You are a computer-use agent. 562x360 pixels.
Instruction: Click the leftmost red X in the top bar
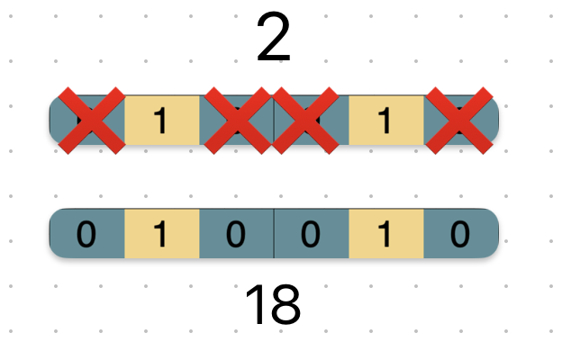(x=91, y=120)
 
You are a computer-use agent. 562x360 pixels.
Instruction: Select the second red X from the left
(x=237, y=120)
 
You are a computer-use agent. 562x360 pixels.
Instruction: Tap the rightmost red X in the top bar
(x=458, y=120)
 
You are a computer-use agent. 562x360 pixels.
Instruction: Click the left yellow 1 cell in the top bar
(x=161, y=120)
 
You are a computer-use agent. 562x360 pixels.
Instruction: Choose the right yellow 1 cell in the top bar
(x=385, y=120)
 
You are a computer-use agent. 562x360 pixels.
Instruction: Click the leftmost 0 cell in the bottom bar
(x=86, y=234)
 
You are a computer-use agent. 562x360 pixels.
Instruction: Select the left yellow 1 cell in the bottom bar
(x=161, y=234)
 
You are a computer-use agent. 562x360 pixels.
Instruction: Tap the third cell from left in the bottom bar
(x=236, y=234)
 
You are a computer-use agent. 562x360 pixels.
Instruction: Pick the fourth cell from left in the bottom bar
(x=311, y=234)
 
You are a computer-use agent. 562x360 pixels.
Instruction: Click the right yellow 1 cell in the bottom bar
(x=385, y=234)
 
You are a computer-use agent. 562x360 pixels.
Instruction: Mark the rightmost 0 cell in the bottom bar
(x=460, y=234)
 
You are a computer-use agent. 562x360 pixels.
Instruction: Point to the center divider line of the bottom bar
(x=274, y=234)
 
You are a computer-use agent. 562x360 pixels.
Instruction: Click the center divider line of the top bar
(x=274, y=120)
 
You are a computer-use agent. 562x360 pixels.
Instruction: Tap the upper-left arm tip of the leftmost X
(x=63, y=93)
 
